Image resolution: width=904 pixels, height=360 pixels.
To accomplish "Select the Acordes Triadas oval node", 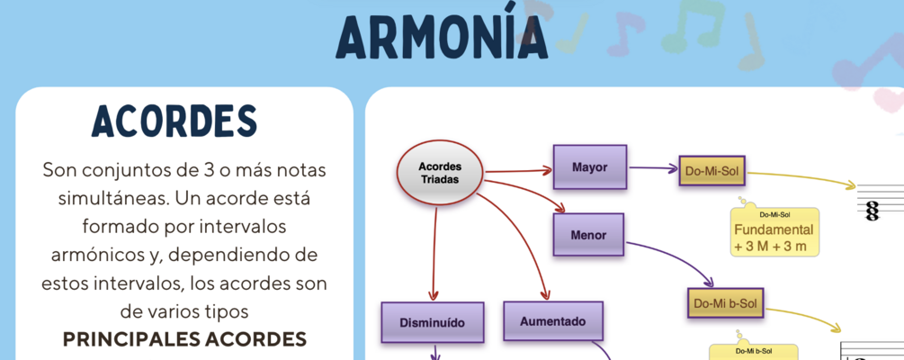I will coord(440,173).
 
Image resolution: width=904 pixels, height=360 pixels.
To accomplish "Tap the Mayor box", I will coord(589,167).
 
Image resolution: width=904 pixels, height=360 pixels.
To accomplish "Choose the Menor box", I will coord(588,236).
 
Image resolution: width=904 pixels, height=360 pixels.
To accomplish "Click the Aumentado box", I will coord(552,321).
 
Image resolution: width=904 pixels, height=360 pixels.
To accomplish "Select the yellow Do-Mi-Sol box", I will coord(712,170).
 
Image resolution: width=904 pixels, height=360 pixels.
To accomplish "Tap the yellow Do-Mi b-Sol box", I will coord(725,304).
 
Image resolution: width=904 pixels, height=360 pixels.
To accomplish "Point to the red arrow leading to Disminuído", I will coord(434,252).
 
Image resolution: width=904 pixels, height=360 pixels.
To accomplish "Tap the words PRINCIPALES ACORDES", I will coord(184,339).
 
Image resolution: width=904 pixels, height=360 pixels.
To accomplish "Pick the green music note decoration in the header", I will coord(679,29).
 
